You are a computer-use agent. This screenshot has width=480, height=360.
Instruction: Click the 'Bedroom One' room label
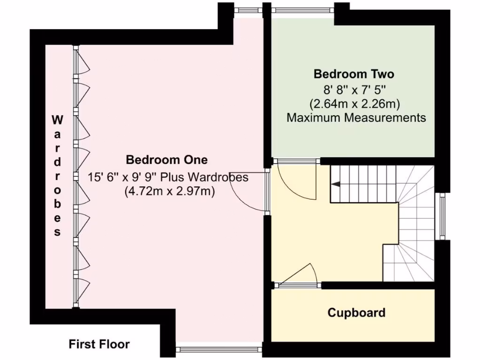point(166,160)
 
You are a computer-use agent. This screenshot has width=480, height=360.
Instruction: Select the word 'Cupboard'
point(356,313)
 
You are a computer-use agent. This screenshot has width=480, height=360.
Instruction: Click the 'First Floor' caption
point(99,345)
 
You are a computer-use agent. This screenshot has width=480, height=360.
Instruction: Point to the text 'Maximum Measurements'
point(356,118)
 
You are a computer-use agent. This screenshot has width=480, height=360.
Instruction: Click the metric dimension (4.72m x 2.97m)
point(169,191)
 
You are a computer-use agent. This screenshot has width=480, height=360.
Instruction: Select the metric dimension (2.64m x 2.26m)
point(354,103)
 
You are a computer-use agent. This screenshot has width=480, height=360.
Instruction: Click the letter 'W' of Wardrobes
point(57,120)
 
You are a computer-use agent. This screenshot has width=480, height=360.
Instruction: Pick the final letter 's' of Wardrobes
point(57,232)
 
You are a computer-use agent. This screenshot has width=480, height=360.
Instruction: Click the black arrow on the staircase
point(336,185)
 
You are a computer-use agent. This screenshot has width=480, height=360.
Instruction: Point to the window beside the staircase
point(441,216)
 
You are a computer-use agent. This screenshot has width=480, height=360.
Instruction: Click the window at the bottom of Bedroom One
point(220,349)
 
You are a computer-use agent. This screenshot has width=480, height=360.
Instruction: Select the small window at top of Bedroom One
point(248,9)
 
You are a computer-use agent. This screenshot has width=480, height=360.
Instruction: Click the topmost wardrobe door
point(82,61)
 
